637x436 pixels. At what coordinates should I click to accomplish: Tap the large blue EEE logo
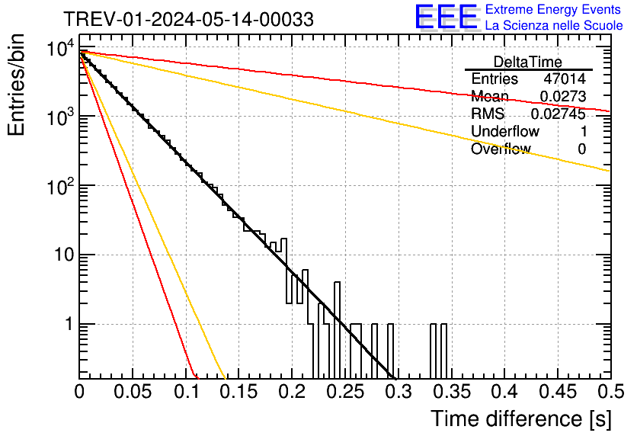[446, 18]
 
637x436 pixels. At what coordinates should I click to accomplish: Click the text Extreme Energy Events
[554, 10]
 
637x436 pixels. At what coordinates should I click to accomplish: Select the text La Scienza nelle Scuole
[554, 25]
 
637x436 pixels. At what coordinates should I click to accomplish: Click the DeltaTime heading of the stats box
[527, 62]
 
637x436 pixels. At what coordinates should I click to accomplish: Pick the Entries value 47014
[565, 79]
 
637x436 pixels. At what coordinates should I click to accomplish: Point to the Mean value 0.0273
[562, 97]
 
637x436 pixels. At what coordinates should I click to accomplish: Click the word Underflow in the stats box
[505, 132]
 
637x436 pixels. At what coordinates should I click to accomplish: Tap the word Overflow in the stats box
[501, 149]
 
